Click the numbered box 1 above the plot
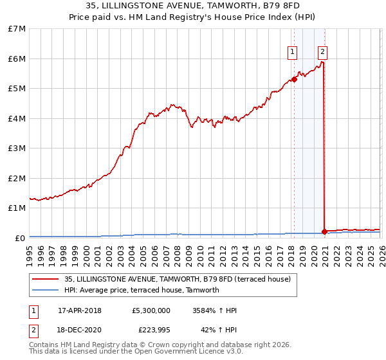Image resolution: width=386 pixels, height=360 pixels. click(x=292, y=52)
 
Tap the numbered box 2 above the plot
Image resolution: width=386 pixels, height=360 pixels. click(x=322, y=52)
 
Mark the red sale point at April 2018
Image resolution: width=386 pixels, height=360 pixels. click(x=294, y=79)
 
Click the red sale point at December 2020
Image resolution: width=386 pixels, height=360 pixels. click(x=324, y=231)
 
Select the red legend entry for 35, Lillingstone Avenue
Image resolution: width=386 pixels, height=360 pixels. click(x=177, y=279)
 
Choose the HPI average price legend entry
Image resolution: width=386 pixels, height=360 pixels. click(x=142, y=290)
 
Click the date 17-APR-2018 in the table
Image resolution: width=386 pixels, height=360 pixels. click(x=79, y=310)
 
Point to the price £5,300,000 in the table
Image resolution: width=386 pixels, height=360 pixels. click(x=151, y=310)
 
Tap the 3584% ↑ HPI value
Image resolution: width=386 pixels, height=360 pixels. click(x=214, y=310)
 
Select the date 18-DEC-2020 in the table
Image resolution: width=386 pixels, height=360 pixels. click(x=79, y=330)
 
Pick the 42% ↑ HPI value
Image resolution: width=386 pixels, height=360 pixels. click(x=219, y=330)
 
